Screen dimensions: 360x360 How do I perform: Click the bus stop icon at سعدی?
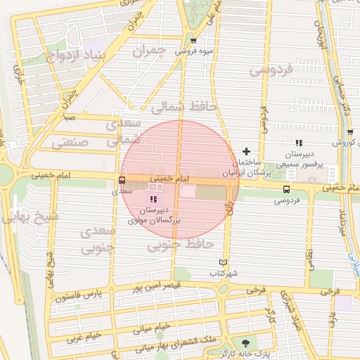[x=122, y=181]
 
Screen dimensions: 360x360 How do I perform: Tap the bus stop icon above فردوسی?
[x=285, y=188]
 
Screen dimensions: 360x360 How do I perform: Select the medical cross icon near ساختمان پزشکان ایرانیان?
[x=246, y=151]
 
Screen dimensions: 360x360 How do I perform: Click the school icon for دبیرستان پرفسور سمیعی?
[x=299, y=143]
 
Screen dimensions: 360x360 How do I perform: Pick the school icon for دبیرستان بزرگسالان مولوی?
[x=153, y=200]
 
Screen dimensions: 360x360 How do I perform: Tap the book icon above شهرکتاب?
[x=224, y=262]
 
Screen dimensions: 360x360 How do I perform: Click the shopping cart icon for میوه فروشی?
[x=193, y=41]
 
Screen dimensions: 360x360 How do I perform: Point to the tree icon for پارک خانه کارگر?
[x=245, y=342]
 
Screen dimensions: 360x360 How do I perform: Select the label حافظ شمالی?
[x=176, y=106]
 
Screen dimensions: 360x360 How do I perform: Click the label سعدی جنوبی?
[x=97, y=240]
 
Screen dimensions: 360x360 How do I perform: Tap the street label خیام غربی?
[x=83, y=337]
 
